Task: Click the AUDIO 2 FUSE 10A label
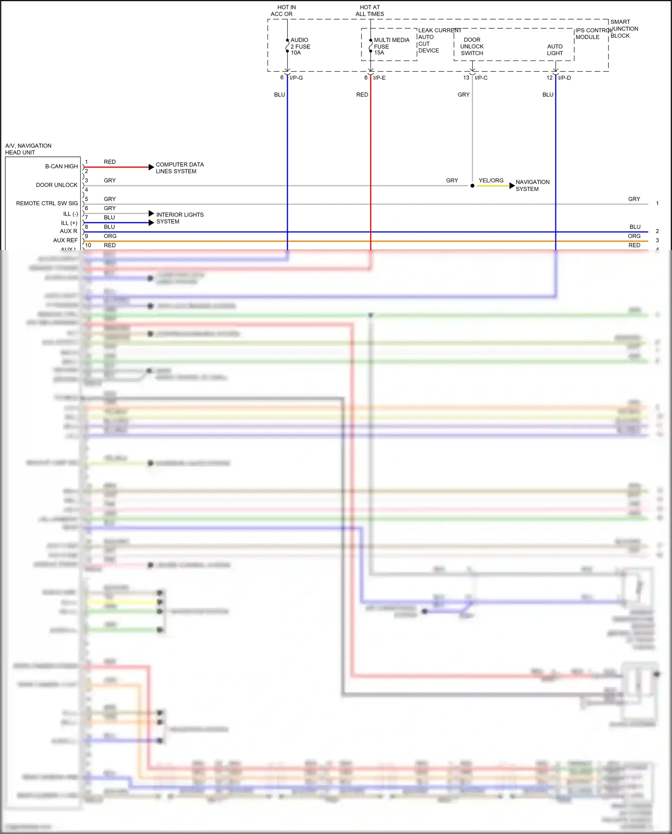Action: click(300, 46)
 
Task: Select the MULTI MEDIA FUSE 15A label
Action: click(391, 46)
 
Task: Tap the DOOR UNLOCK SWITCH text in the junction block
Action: click(472, 46)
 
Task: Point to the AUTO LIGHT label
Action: click(555, 49)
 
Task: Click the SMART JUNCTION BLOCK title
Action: click(624, 29)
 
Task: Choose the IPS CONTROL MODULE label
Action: click(592, 34)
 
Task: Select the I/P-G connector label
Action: click(296, 78)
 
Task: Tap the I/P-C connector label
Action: click(481, 78)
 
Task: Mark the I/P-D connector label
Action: click(564, 78)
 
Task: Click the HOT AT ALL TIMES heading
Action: click(370, 10)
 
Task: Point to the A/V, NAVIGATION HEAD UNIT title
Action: click(28, 149)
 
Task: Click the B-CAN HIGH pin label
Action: click(61, 166)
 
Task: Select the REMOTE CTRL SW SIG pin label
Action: click(47, 203)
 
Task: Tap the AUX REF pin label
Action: click(65, 240)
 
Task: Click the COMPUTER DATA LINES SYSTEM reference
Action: click(179, 168)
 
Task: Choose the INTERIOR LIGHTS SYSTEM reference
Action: click(180, 218)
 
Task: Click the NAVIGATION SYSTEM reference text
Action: click(532, 185)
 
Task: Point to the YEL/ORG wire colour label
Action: click(491, 181)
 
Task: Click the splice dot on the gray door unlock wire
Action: click(472, 186)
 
